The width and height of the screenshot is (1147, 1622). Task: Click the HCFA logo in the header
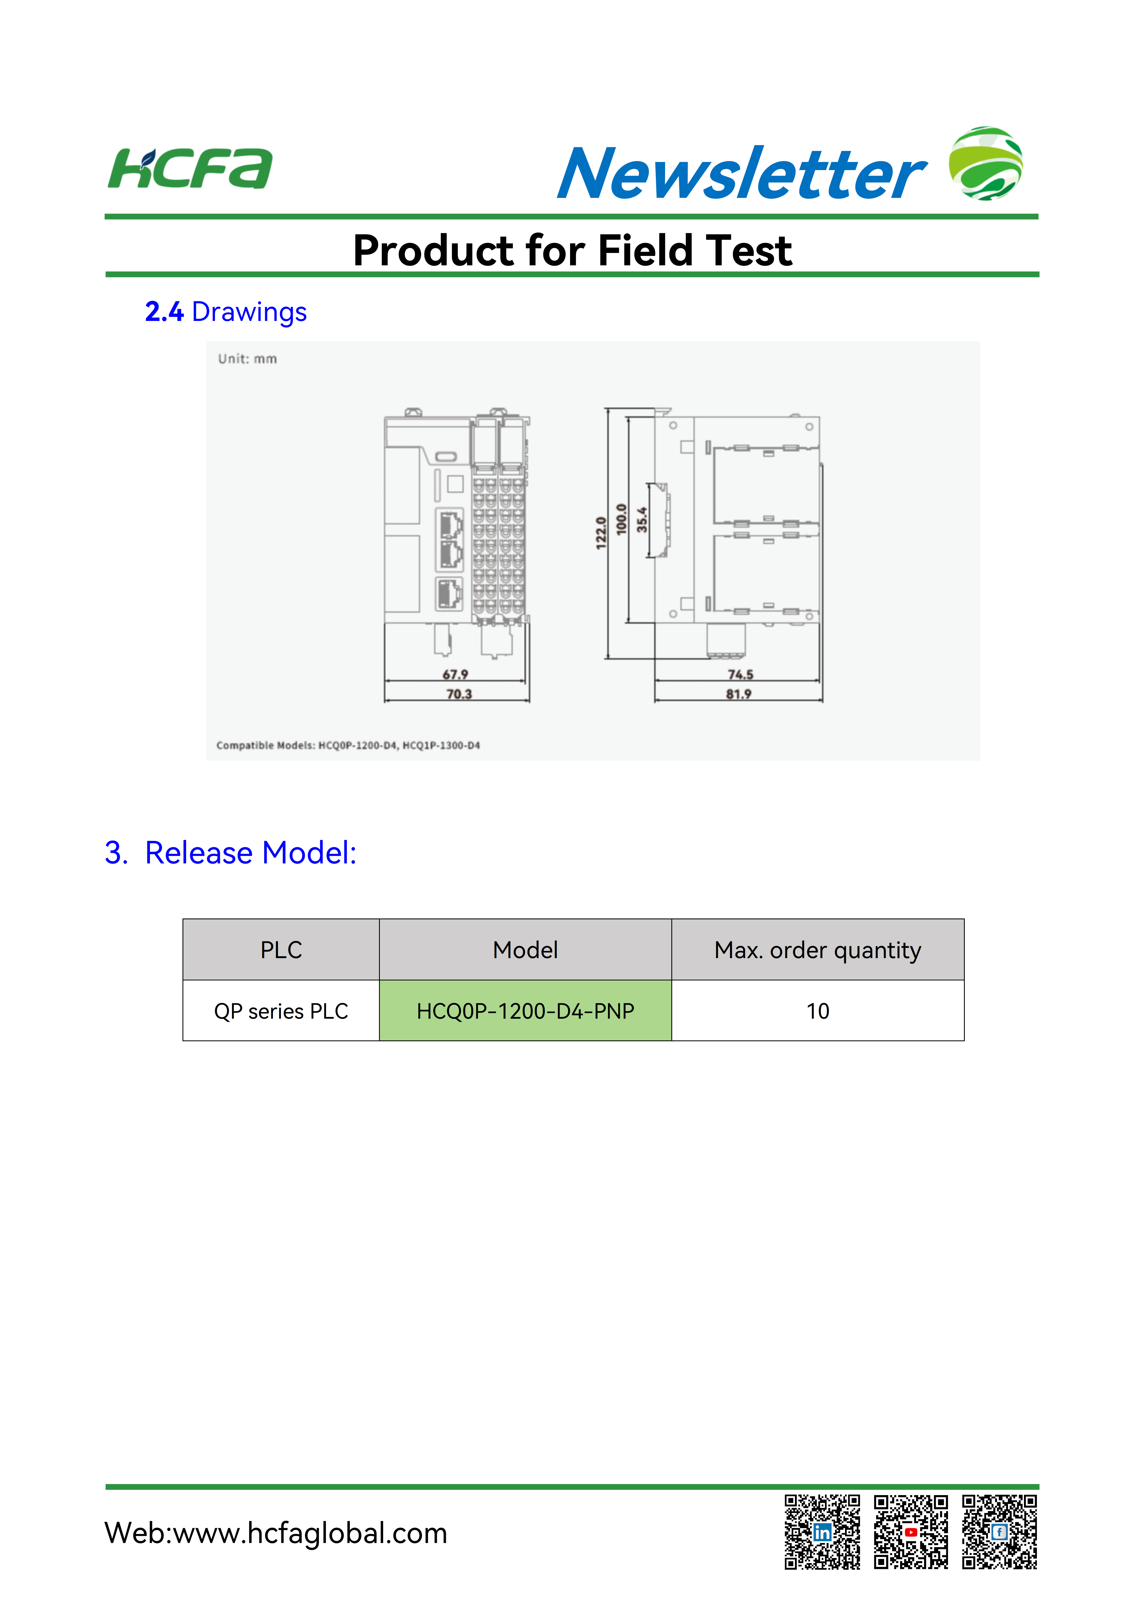tap(190, 169)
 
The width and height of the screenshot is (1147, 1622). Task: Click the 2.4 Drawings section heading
tap(226, 312)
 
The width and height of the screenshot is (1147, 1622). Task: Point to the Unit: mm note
tap(247, 359)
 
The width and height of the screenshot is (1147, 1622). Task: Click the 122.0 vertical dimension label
tap(601, 533)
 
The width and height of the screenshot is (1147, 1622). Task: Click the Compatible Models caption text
tap(348, 745)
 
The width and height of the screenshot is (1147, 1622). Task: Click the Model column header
tap(525, 950)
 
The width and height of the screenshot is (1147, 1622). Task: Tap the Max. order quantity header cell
tap(818, 950)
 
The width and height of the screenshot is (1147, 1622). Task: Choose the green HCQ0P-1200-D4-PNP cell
tap(525, 1010)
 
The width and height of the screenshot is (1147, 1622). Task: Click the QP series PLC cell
tap(281, 1010)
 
